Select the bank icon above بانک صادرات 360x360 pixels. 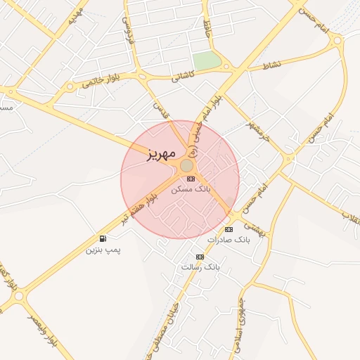pos(229,230)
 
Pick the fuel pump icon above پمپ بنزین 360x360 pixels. pos(104,239)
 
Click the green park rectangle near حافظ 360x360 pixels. pos(207,61)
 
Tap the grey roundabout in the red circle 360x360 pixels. pos(187,165)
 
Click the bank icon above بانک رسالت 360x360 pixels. pos(200,257)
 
